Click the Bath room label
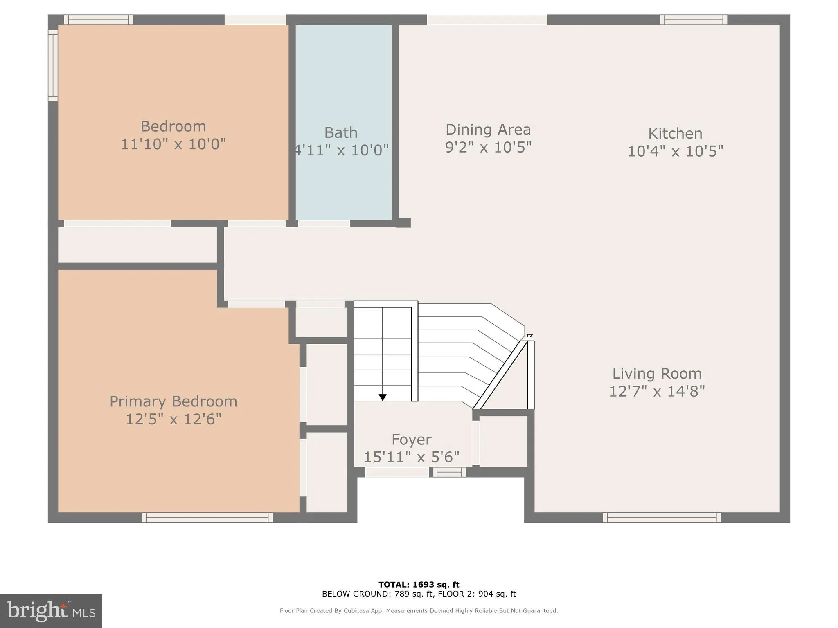click(x=340, y=133)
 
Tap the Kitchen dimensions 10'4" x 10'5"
click(x=675, y=151)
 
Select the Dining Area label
click(x=488, y=130)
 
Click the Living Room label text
click(x=657, y=374)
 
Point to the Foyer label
click(x=411, y=440)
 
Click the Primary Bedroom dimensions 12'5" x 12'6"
click(x=173, y=419)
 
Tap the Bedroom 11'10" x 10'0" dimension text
click(x=173, y=144)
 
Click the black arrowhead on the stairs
click(x=383, y=397)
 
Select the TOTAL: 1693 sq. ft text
click(x=419, y=585)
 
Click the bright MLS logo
click(x=51, y=611)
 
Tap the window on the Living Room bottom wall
click(x=662, y=518)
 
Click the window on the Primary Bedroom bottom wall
click(x=207, y=518)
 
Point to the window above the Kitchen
click(x=693, y=20)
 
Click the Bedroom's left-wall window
click(x=53, y=65)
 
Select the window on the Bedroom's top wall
click(x=98, y=20)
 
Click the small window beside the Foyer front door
click(x=449, y=472)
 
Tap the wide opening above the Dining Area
click(x=487, y=20)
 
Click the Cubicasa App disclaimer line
click(x=419, y=611)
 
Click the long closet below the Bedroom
click(x=137, y=245)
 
